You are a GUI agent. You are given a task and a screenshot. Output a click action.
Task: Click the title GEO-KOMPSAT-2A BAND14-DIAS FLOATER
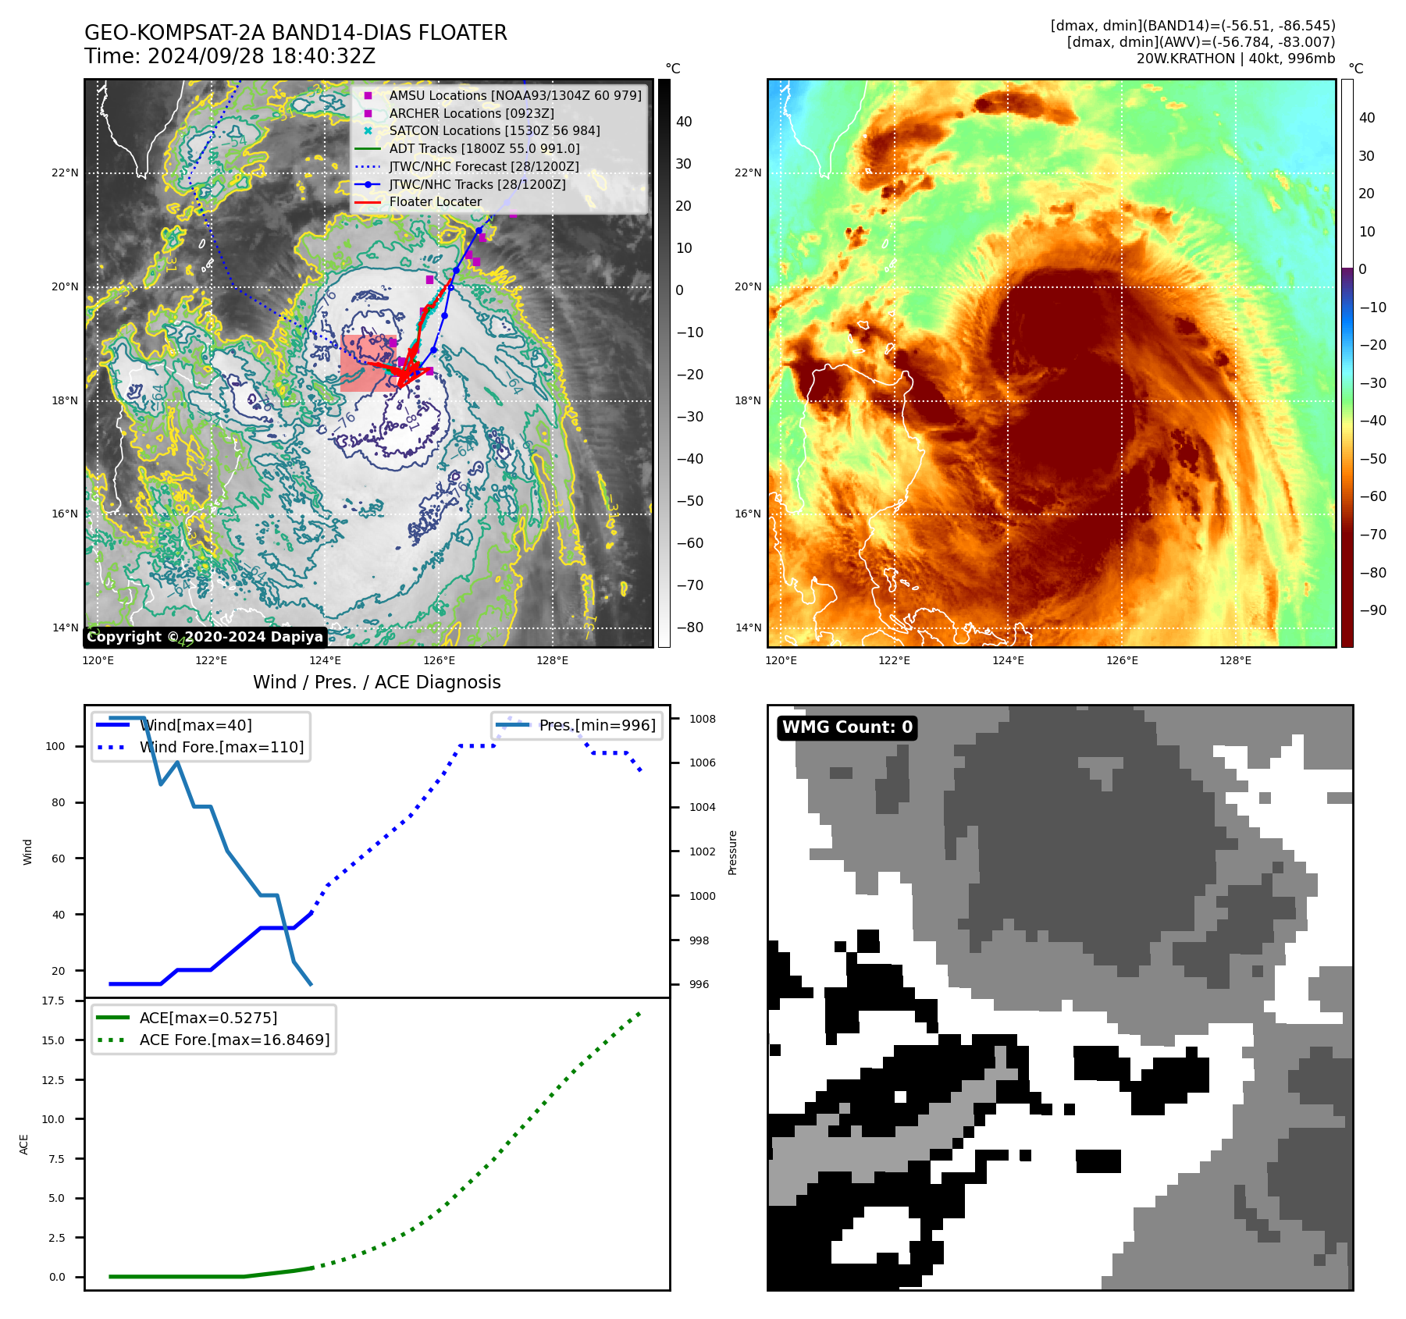(295, 33)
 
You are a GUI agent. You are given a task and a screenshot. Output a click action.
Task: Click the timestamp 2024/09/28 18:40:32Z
(261, 57)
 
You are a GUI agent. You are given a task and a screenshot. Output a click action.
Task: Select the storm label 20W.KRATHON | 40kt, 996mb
(1235, 59)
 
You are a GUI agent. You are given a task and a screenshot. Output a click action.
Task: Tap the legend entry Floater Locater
(435, 202)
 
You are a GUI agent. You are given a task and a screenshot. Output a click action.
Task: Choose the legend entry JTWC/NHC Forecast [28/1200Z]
(483, 167)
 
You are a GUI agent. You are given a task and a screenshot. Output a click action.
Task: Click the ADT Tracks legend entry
(484, 149)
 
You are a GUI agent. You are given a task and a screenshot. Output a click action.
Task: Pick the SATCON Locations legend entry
(494, 131)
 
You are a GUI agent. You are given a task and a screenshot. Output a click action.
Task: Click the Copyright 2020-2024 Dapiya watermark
(205, 637)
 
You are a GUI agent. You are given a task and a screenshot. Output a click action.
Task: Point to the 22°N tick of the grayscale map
(66, 173)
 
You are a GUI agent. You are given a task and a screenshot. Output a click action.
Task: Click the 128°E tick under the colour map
(1235, 661)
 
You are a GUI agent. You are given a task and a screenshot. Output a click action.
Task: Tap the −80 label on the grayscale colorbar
(689, 628)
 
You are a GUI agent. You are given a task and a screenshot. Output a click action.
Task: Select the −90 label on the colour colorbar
(1373, 610)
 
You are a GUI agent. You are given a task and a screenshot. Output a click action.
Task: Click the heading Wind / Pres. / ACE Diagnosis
(376, 683)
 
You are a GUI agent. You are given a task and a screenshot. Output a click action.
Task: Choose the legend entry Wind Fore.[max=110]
(222, 748)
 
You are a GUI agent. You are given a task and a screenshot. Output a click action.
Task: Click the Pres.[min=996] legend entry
(597, 726)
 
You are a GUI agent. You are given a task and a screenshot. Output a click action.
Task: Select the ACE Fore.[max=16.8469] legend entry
(234, 1040)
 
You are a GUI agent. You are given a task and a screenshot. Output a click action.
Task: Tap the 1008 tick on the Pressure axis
(702, 719)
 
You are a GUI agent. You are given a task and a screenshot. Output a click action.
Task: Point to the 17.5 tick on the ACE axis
(53, 1001)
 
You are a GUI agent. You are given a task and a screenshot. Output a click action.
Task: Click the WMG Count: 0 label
(847, 727)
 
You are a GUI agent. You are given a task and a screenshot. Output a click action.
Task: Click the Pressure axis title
(732, 852)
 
